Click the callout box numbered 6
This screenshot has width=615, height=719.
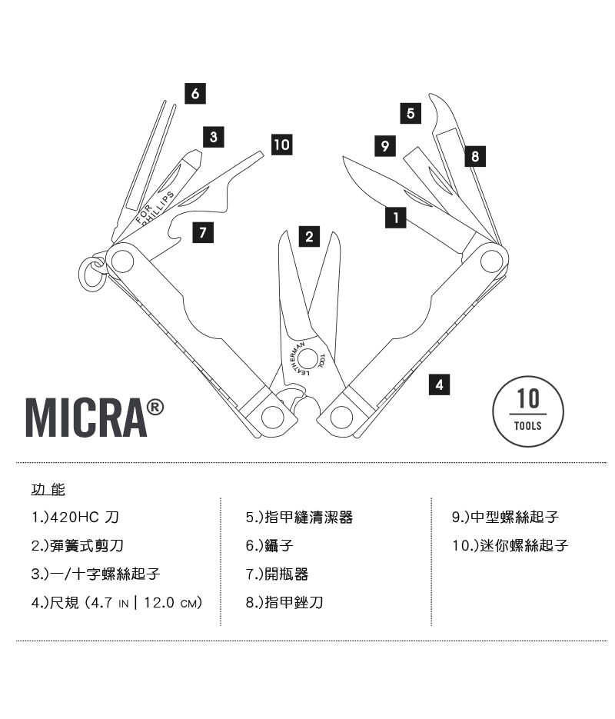tap(195, 93)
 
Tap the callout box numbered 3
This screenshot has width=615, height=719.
tap(213, 138)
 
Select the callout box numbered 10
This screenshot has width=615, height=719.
tap(281, 144)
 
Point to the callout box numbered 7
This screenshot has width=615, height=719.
tap(201, 232)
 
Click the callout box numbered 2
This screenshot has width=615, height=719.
tap(309, 237)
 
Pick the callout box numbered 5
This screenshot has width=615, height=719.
tap(411, 113)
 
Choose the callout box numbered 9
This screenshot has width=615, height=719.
tap(384, 144)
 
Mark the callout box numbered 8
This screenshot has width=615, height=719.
tap(474, 157)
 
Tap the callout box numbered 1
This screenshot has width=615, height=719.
tap(395, 218)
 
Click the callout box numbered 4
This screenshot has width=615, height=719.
tap(439, 384)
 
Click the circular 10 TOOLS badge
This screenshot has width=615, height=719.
tap(528, 411)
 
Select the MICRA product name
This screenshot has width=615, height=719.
tap(95, 418)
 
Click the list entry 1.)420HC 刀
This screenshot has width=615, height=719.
tap(75, 518)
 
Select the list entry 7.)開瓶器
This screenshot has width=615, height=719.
tap(277, 574)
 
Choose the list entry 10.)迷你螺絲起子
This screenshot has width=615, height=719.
tap(510, 546)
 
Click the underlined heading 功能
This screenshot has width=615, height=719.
tap(48, 489)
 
